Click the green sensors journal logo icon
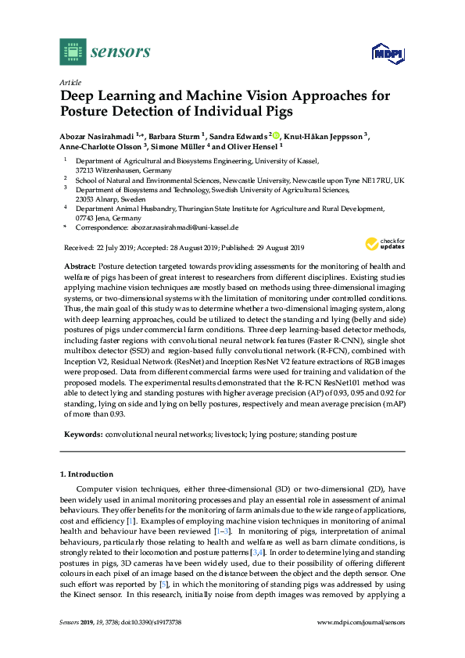coord(73,52)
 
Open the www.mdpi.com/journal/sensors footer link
coord(362,644)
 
